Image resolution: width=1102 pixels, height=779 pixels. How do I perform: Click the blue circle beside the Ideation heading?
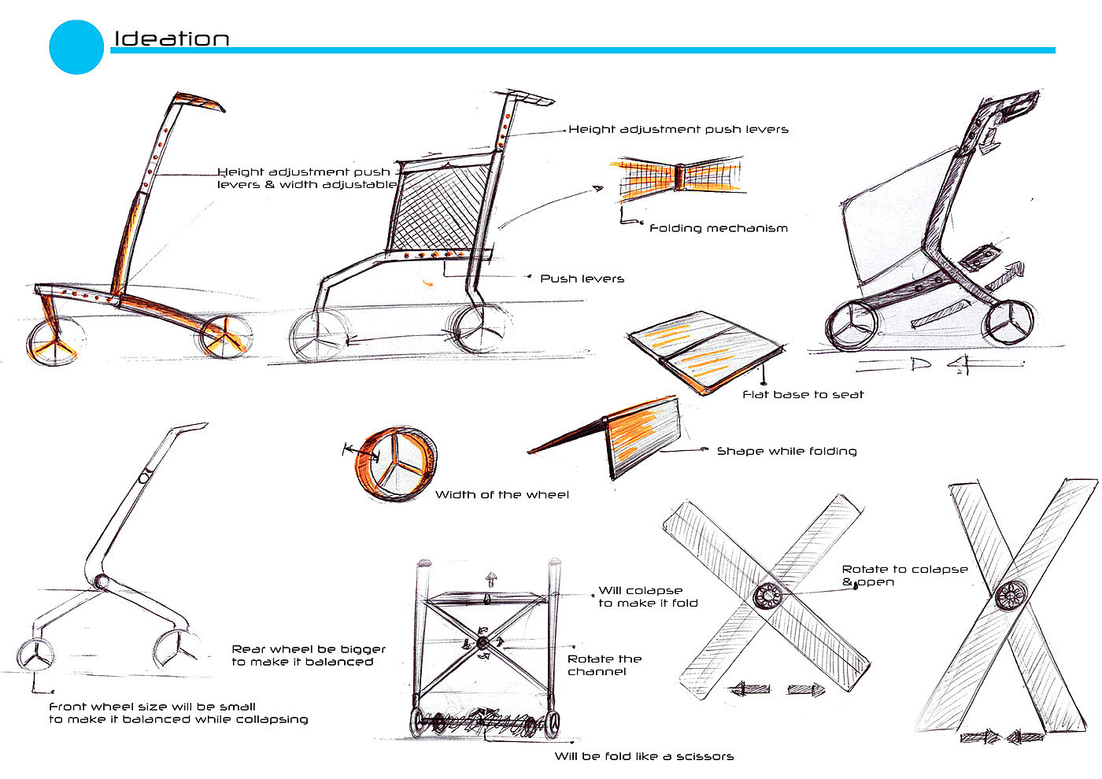click(76, 47)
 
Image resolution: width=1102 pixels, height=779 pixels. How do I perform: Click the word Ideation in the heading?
click(172, 39)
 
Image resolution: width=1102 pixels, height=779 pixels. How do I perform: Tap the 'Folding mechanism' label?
click(718, 228)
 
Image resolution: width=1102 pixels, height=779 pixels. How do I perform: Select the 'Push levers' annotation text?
click(582, 279)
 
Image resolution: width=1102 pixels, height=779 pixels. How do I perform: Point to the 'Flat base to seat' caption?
click(803, 394)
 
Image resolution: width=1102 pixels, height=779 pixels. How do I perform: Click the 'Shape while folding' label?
click(786, 451)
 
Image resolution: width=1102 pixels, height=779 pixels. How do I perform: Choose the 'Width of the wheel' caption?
click(501, 495)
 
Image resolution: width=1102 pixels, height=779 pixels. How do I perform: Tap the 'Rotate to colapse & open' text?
click(904, 575)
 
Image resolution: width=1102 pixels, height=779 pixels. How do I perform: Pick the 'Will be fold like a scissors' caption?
click(644, 756)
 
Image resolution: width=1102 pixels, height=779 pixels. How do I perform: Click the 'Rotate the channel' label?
click(604, 665)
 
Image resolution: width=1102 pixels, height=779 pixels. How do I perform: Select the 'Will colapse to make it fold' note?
click(647, 596)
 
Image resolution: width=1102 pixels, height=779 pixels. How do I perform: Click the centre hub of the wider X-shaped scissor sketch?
click(766, 596)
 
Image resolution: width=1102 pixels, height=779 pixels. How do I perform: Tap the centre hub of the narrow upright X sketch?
click(1011, 595)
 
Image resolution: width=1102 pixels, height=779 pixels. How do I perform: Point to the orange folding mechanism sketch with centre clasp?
click(677, 177)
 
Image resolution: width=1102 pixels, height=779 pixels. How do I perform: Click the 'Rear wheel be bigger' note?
click(309, 655)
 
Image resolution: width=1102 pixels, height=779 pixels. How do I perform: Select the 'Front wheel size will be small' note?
click(178, 713)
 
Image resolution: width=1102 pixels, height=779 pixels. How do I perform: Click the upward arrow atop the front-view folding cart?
click(491, 580)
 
